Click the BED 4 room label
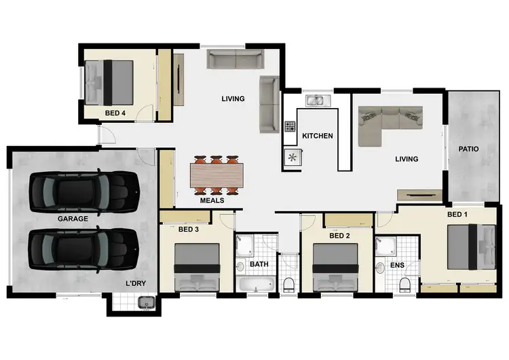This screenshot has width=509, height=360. [x=115, y=113]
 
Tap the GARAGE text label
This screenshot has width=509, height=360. [x=73, y=219]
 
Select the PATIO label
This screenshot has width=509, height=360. [x=469, y=149]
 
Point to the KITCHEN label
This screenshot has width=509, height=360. [x=318, y=136]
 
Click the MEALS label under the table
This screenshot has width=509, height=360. [x=212, y=200]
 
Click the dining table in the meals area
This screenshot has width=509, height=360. [x=216, y=175]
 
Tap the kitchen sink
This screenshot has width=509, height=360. [x=317, y=102]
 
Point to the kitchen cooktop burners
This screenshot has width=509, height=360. [x=290, y=126]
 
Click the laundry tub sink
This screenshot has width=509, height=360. [x=143, y=303]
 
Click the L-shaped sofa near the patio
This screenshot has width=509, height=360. [x=390, y=120]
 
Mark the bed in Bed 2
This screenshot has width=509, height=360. [x=335, y=268]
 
